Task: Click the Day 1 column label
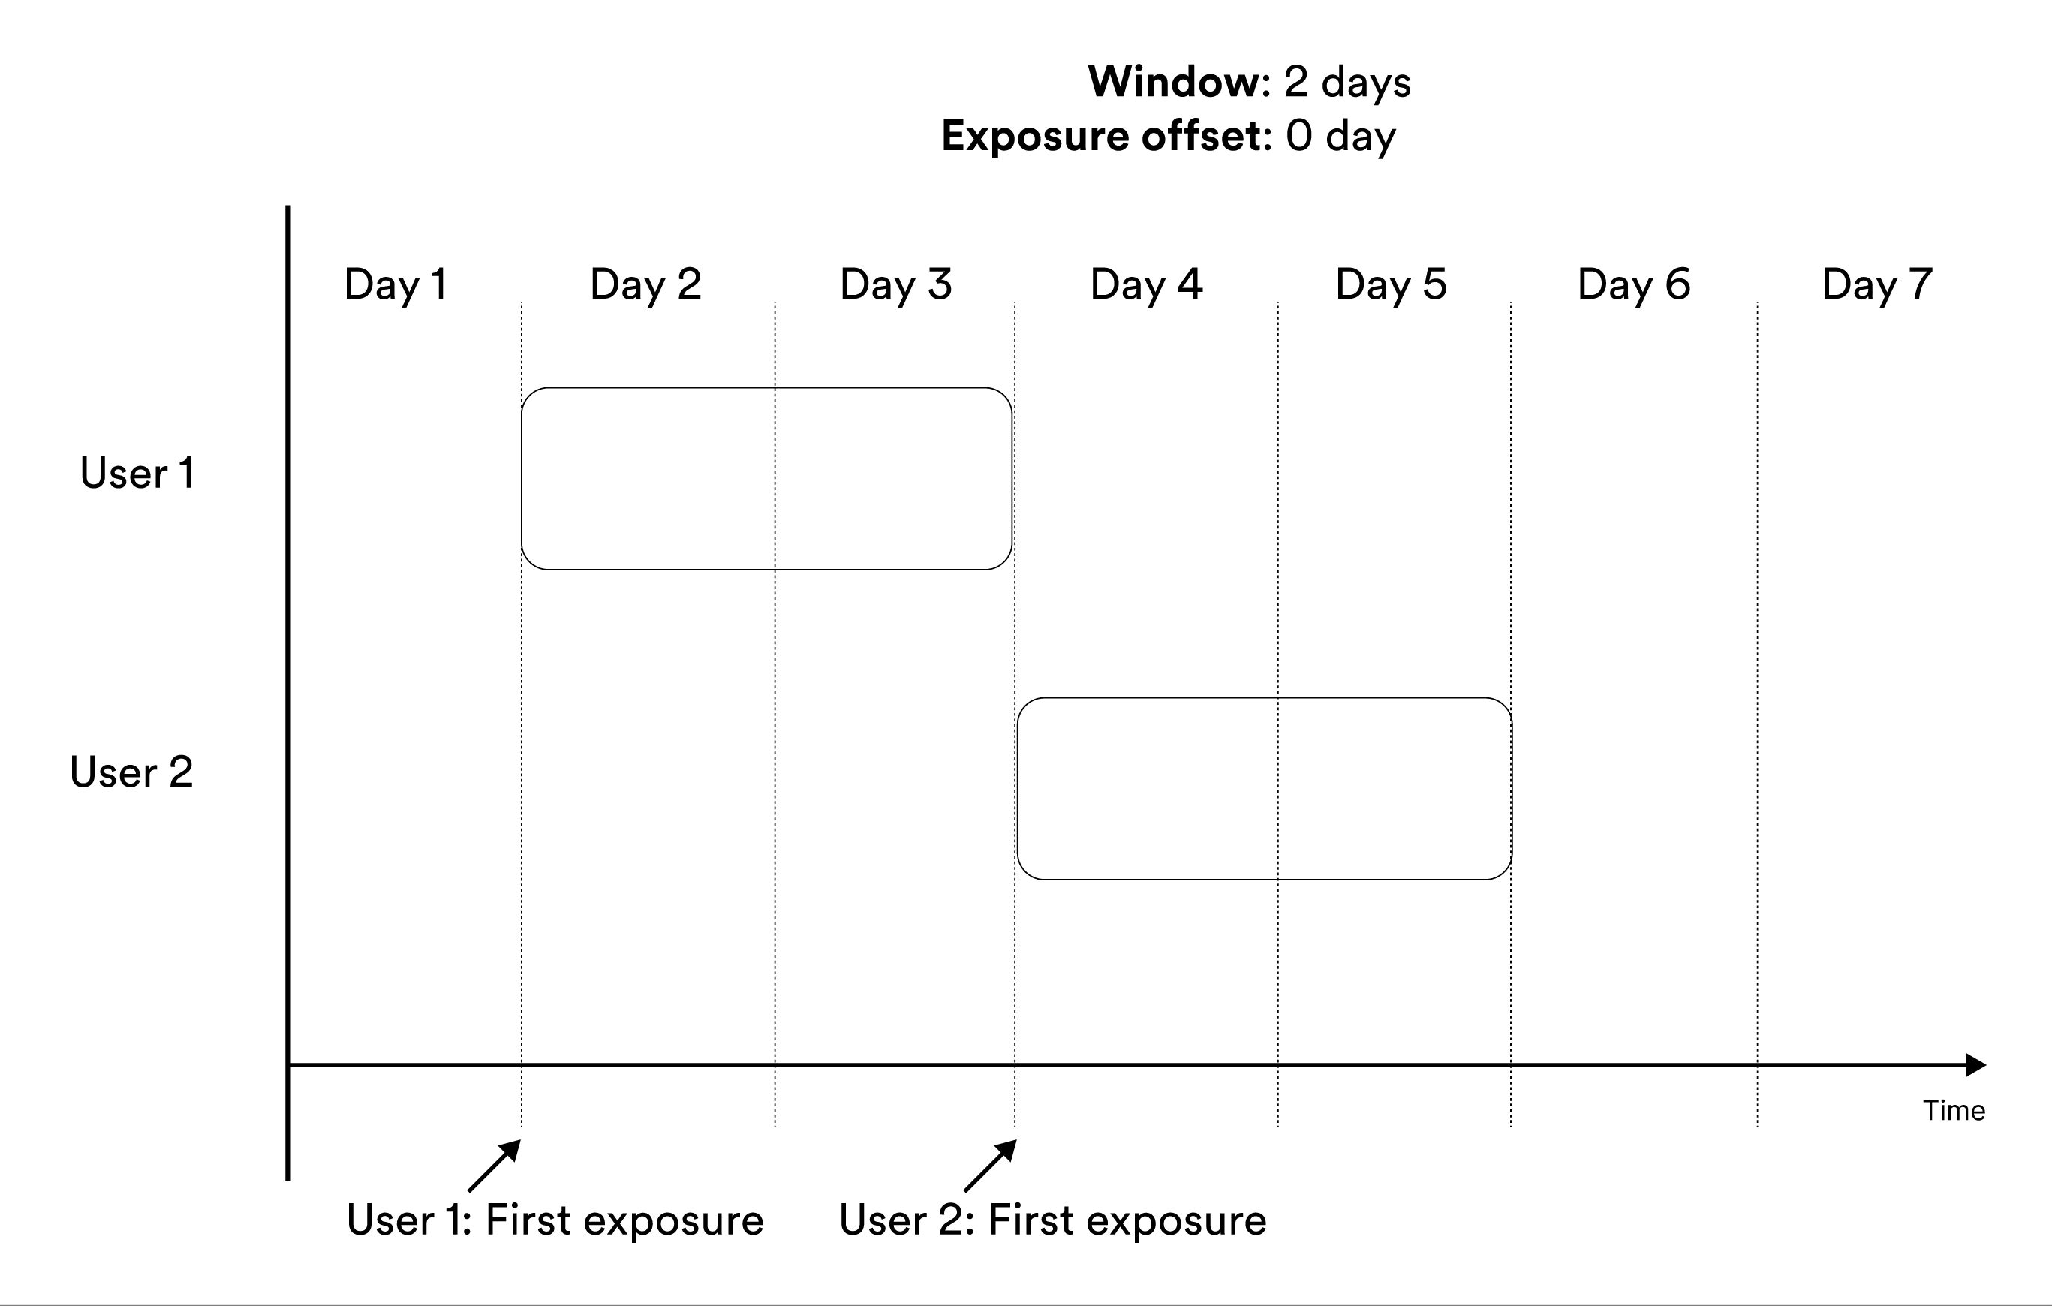(x=396, y=285)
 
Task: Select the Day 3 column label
(x=895, y=285)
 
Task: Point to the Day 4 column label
(x=1146, y=285)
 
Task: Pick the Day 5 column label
(x=1391, y=285)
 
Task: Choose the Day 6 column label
(x=1634, y=285)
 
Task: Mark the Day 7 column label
(x=1876, y=285)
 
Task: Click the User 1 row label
(x=137, y=473)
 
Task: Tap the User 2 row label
(x=132, y=772)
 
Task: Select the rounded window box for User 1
(x=767, y=479)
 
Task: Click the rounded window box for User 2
(x=1265, y=789)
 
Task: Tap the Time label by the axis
(x=1954, y=1111)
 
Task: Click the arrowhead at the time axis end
(x=1976, y=1065)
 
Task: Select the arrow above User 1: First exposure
(x=495, y=1166)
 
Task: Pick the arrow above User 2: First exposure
(x=990, y=1166)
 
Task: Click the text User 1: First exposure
(x=555, y=1220)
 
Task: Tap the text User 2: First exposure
(x=1052, y=1220)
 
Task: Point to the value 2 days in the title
(x=1347, y=83)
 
